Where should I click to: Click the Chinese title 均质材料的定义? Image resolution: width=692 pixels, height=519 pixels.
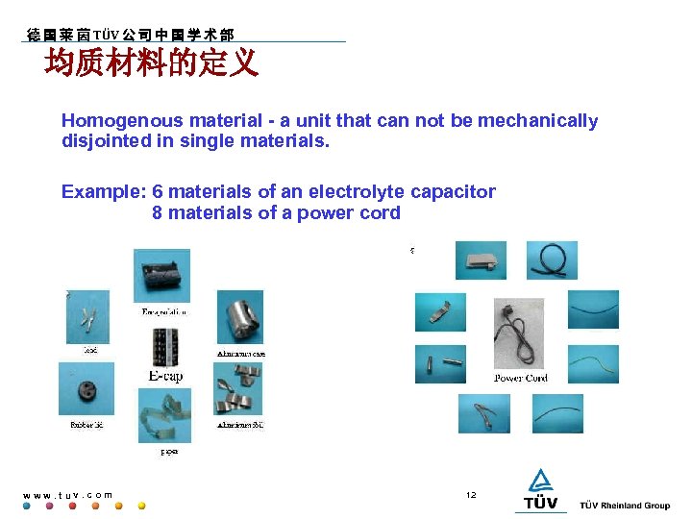pyautogui.click(x=151, y=63)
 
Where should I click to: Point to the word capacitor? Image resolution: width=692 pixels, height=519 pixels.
pyautogui.click(x=453, y=191)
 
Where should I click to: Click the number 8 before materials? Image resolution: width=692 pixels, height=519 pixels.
pyautogui.click(x=157, y=212)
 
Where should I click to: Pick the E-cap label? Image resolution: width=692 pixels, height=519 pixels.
pyautogui.click(x=164, y=377)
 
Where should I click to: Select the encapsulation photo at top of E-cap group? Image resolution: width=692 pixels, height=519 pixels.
pyautogui.click(x=162, y=277)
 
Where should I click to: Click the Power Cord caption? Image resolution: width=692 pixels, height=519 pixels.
pyautogui.click(x=521, y=379)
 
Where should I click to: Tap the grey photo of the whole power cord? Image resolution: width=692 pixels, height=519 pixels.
pyautogui.click(x=518, y=333)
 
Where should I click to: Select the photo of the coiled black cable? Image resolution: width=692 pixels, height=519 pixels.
pyautogui.click(x=552, y=259)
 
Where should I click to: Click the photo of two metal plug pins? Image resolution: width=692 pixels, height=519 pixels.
pyautogui.click(x=440, y=364)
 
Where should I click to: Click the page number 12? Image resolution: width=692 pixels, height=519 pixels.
pyautogui.click(x=471, y=495)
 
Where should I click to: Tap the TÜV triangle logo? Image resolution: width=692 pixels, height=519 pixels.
pyautogui.click(x=541, y=482)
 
